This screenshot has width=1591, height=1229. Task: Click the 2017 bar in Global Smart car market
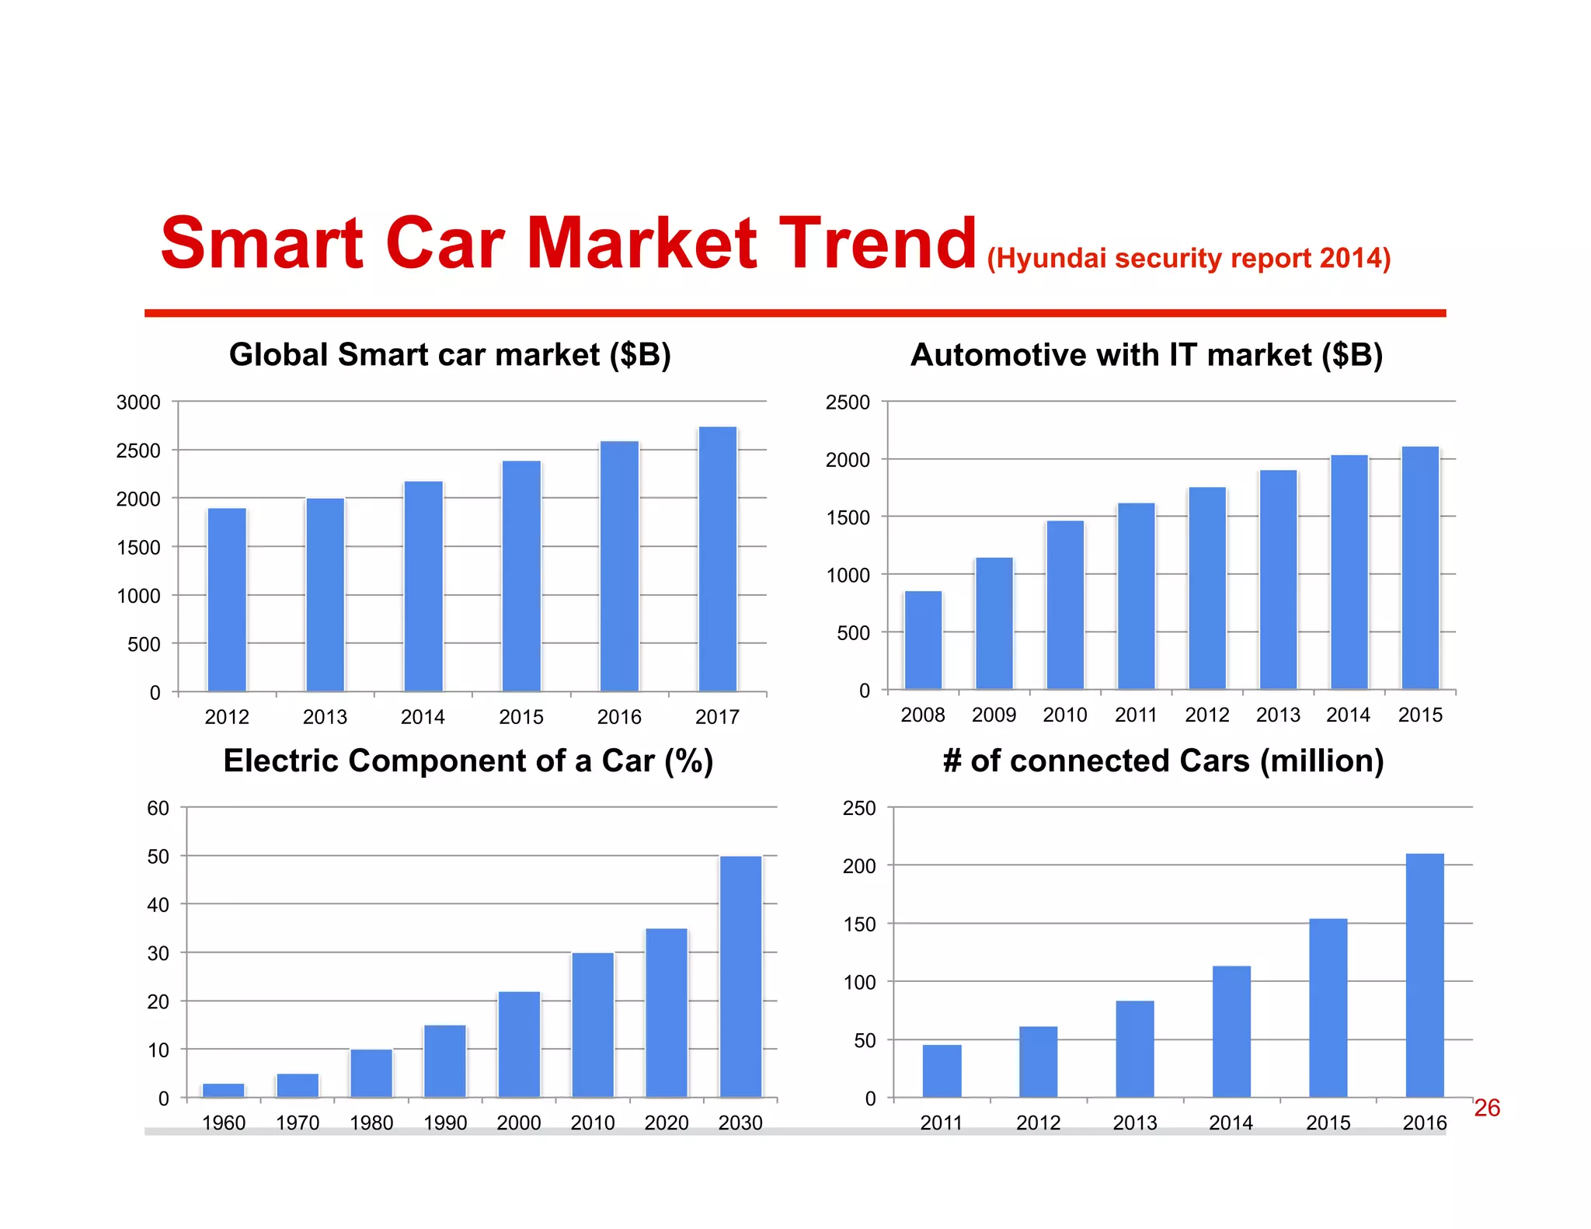click(x=717, y=559)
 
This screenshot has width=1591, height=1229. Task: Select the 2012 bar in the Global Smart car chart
click(x=227, y=600)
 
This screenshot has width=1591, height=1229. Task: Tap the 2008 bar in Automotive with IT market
click(x=923, y=640)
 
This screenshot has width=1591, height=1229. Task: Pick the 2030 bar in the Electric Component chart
click(x=740, y=977)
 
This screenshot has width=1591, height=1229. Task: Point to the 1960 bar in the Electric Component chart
click(x=224, y=1090)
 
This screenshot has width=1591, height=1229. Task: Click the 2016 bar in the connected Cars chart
click(x=1425, y=976)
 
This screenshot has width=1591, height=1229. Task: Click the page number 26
click(x=1486, y=1108)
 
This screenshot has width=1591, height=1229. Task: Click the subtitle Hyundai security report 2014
click(x=1189, y=258)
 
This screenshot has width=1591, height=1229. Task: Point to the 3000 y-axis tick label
click(x=138, y=402)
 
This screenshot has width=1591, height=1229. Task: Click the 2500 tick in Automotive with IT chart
click(x=848, y=402)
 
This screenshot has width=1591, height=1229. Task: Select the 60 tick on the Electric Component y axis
click(x=158, y=808)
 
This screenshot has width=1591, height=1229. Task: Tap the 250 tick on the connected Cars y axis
click(x=858, y=808)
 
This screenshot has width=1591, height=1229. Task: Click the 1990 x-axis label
click(x=445, y=1123)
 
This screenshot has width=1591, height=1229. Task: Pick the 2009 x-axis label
click(x=994, y=715)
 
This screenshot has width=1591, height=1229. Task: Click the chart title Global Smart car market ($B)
click(x=450, y=355)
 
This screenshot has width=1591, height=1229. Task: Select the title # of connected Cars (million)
click(x=1163, y=761)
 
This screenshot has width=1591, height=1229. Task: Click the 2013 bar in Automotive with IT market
click(x=1278, y=580)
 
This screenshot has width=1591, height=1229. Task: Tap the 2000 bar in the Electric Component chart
click(x=519, y=1044)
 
